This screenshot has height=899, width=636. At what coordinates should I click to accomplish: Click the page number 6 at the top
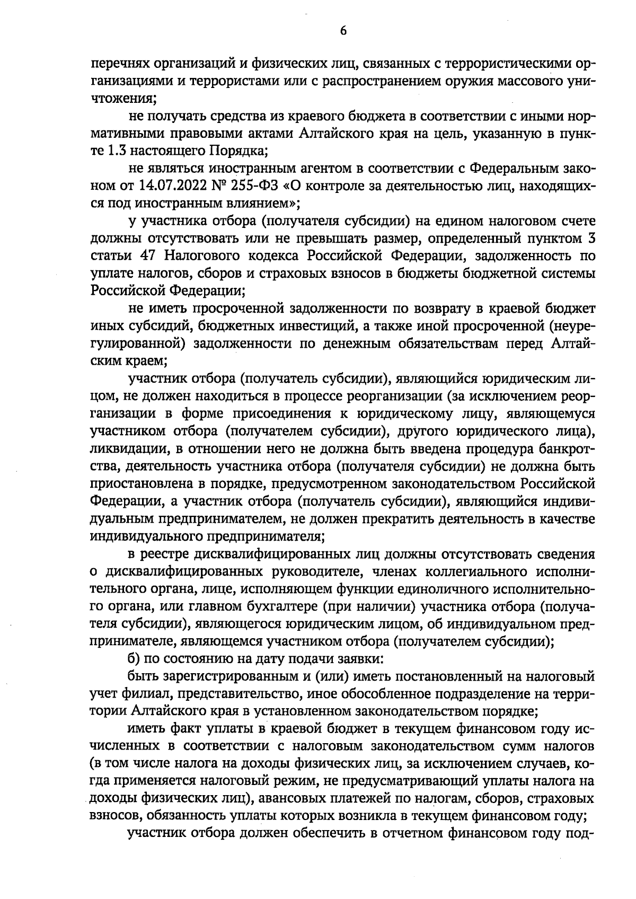(343, 31)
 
